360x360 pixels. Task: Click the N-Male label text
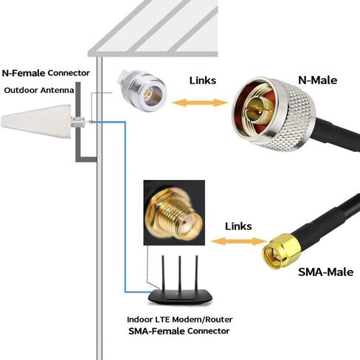coord(317,80)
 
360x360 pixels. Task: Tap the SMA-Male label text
coord(325,272)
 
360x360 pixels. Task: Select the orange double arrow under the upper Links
coord(200,103)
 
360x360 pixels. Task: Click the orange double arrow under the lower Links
coord(238,241)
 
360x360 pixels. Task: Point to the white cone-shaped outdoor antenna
coord(36,121)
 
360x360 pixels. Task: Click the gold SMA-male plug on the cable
coord(282,252)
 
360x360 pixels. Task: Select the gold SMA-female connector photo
coord(174,212)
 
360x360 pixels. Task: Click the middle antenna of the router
coord(180,274)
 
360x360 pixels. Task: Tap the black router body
coord(180,297)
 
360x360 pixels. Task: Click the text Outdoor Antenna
coord(39,90)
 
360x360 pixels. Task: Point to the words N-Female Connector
coord(46,73)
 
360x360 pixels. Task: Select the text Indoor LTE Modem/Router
coord(180,319)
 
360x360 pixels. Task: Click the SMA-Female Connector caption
coord(179,331)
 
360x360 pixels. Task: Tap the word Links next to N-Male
coord(203,80)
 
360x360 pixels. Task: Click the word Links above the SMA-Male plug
coord(238,226)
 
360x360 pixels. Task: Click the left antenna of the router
coord(163,274)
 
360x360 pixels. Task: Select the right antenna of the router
coord(196,274)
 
